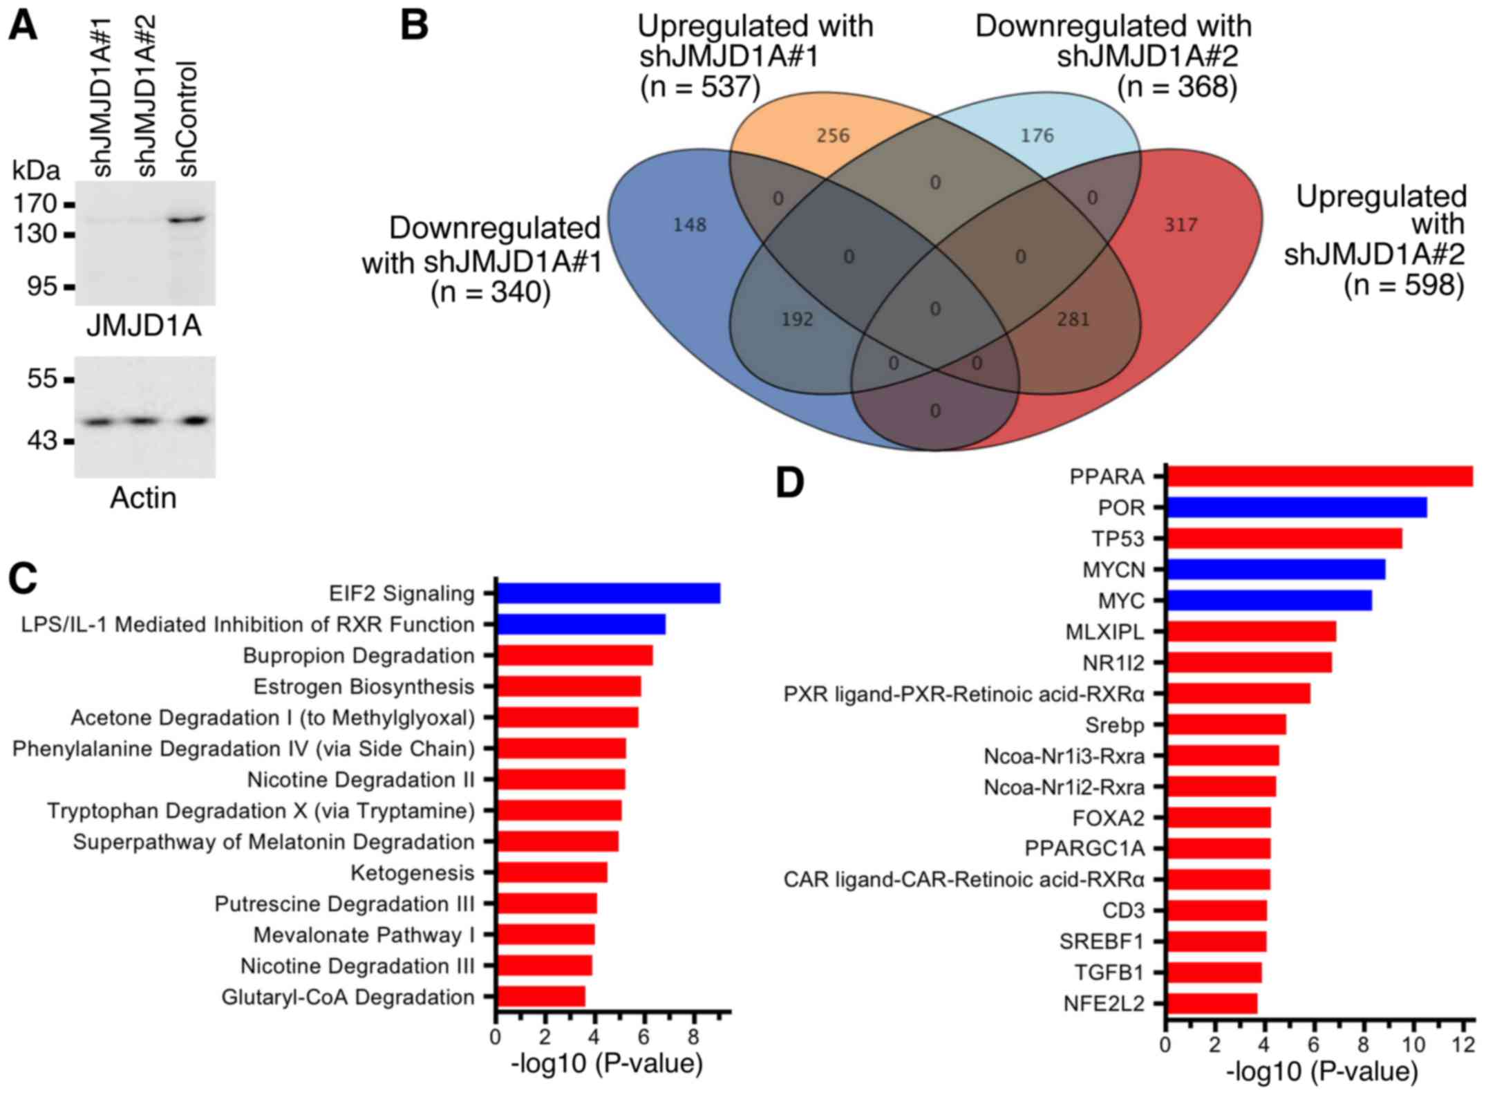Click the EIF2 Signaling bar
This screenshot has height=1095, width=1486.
pyautogui.click(x=608, y=593)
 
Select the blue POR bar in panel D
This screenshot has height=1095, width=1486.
pyautogui.click(x=1296, y=507)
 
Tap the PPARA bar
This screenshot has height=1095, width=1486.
pyautogui.click(x=1319, y=476)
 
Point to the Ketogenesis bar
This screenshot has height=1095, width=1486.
pyautogui.click(x=552, y=872)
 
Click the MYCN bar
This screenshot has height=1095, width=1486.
pyautogui.click(x=1275, y=570)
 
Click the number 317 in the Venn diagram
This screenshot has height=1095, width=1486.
pyautogui.click(x=1180, y=225)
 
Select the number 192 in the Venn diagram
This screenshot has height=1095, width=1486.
pyautogui.click(x=797, y=319)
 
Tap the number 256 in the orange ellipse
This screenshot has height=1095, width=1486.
pyautogui.click(x=832, y=135)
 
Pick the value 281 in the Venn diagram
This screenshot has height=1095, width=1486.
pyautogui.click(x=1073, y=319)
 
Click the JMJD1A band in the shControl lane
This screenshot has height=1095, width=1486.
pyautogui.click(x=187, y=220)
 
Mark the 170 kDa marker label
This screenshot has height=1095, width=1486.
pyautogui.click(x=34, y=203)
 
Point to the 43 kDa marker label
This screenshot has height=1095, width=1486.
pyautogui.click(x=42, y=440)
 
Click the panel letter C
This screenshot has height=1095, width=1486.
pyautogui.click(x=23, y=579)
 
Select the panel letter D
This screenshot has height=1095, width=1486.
pyautogui.click(x=789, y=483)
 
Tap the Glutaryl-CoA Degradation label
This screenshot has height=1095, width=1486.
pyautogui.click(x=348, y=997)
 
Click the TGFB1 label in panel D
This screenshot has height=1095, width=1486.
pyautogui.click(x=1109, y=973)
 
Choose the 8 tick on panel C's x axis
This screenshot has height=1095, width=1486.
pyautogui.click(x=693, y=1037)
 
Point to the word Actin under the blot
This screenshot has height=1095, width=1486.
pyautogui.click(x=143, y=498)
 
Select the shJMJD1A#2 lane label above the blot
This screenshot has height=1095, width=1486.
pyautogui.click(x=145, y=97)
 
